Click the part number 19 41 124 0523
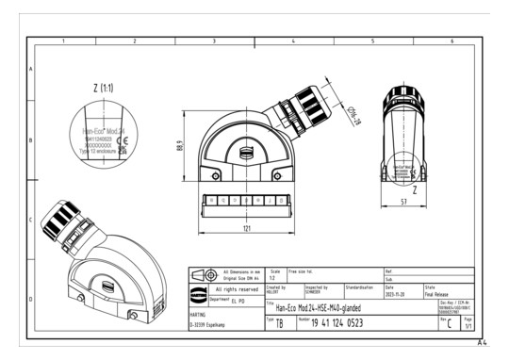point(339,322)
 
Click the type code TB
point(279,323)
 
